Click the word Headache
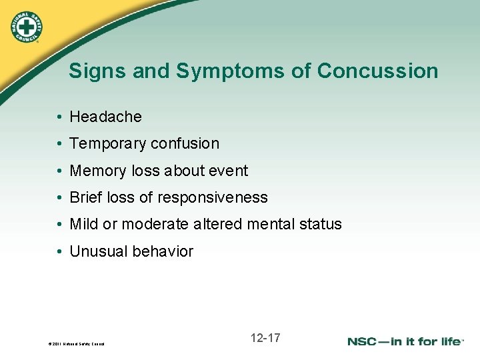106,117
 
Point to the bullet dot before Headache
60,117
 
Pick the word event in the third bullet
229,171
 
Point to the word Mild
84,225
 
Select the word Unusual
97,252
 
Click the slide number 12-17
265,338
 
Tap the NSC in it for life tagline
405,341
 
